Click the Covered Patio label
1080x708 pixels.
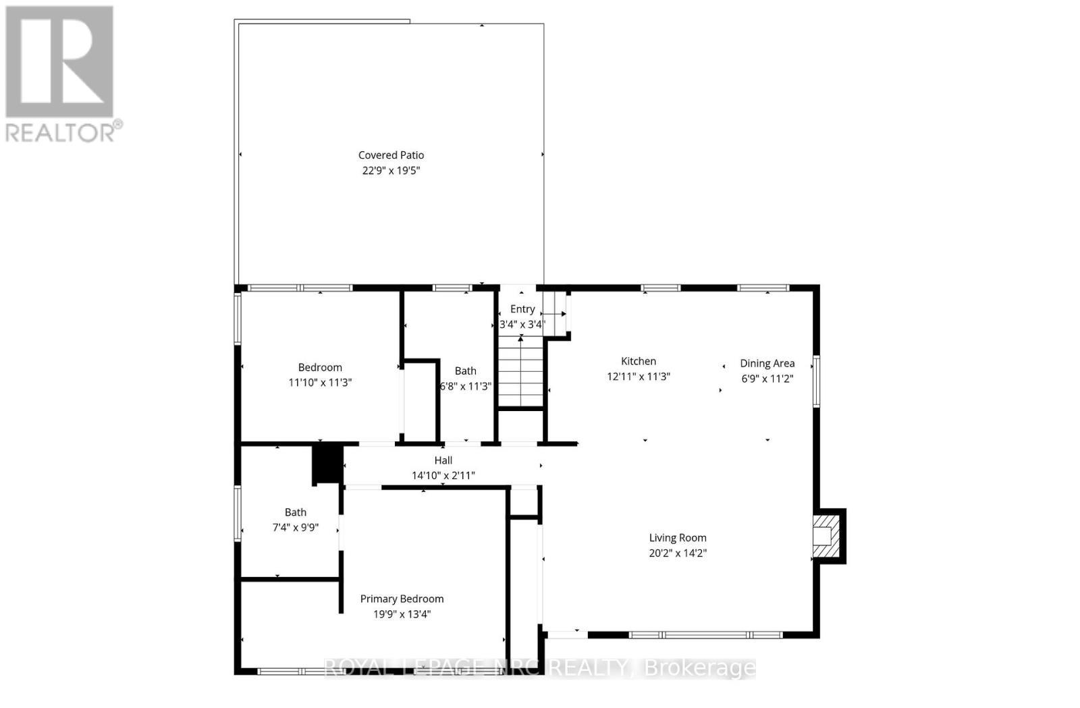[x=391, y=155]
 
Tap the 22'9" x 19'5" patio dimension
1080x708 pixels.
[x=391, y=171]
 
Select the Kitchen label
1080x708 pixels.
[x=638, y=361]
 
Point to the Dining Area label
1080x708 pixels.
[x=767, y=363]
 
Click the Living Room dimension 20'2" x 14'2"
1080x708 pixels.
[x=678, y=553]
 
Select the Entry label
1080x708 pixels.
[x=522, y=309]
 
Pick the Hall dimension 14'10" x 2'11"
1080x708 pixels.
[x=443, y=475]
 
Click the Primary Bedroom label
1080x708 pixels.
[x=402, y=599]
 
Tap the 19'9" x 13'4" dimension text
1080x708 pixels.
[x=402, y=614]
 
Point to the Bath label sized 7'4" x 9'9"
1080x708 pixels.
[x=295, y=512]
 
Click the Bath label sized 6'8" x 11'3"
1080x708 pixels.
[x=465, y=371]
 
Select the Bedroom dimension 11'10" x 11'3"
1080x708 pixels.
[x=320, y=383]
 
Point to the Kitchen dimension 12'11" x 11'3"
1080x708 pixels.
[x=638, y=377]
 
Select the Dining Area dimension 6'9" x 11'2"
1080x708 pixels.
[x=767, y=379]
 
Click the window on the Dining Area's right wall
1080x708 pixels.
[x=815, y=381]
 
